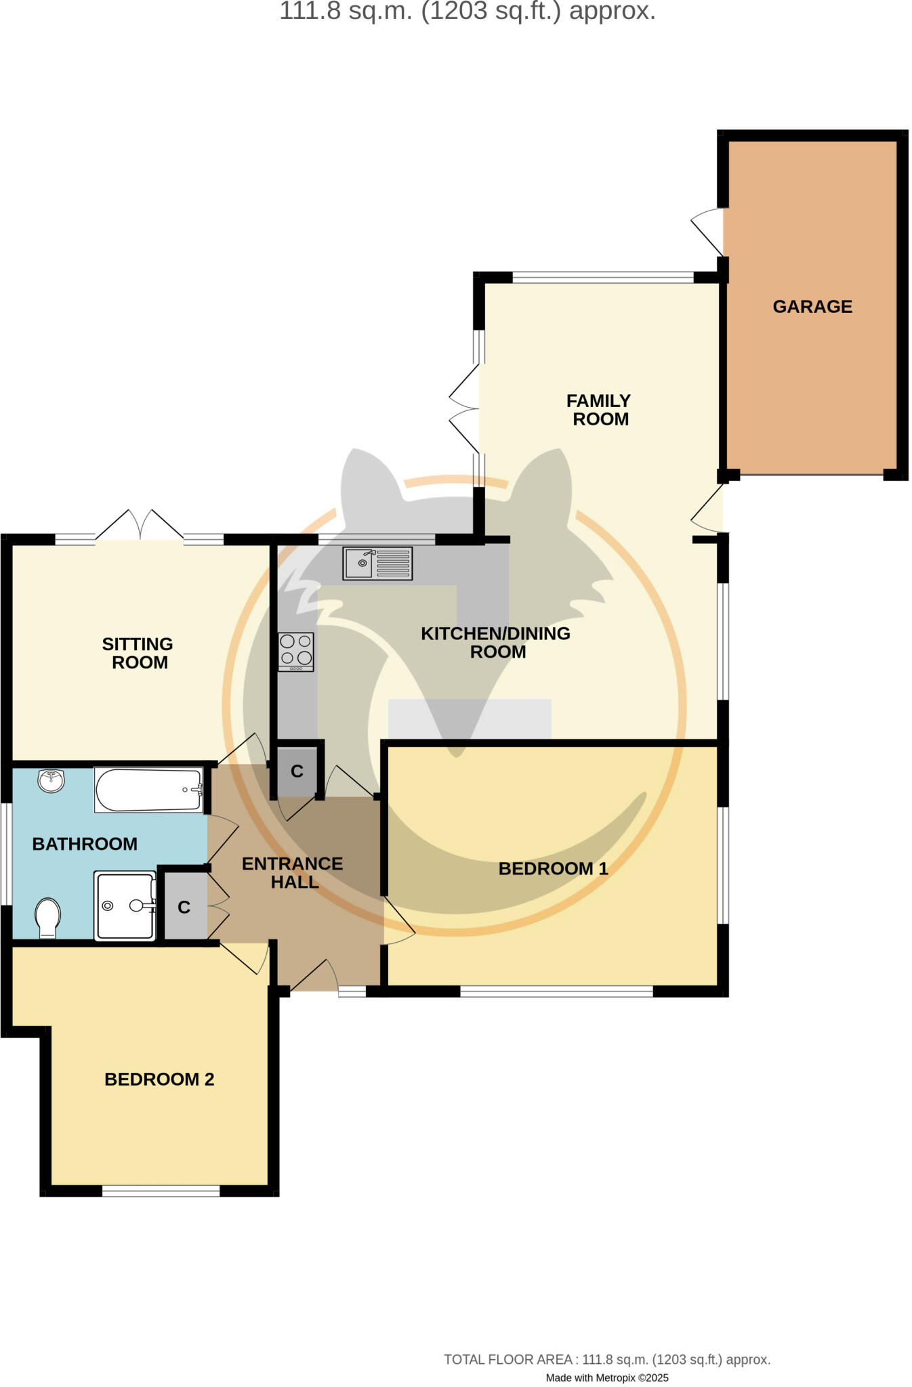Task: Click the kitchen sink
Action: [377, 563]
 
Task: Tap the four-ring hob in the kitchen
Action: [296, 652]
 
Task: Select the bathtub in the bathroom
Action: [148, 790]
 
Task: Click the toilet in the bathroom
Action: [47, 917]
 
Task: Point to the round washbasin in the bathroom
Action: [51, 780]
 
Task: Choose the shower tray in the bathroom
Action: [125, 905]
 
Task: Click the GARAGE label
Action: [812, 307]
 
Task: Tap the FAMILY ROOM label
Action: [599, 410]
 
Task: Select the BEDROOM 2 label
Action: [159, 1079]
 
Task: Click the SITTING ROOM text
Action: [138, 653]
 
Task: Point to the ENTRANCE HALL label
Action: [293, 872]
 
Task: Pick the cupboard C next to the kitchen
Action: [297, 771]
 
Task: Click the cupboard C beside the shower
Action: [184, 908]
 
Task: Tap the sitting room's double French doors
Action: [140, 526]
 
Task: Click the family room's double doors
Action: [465, 410]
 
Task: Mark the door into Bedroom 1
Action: [398, 920]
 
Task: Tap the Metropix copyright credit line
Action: [606, 1378]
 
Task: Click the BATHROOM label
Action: [85, 844]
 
